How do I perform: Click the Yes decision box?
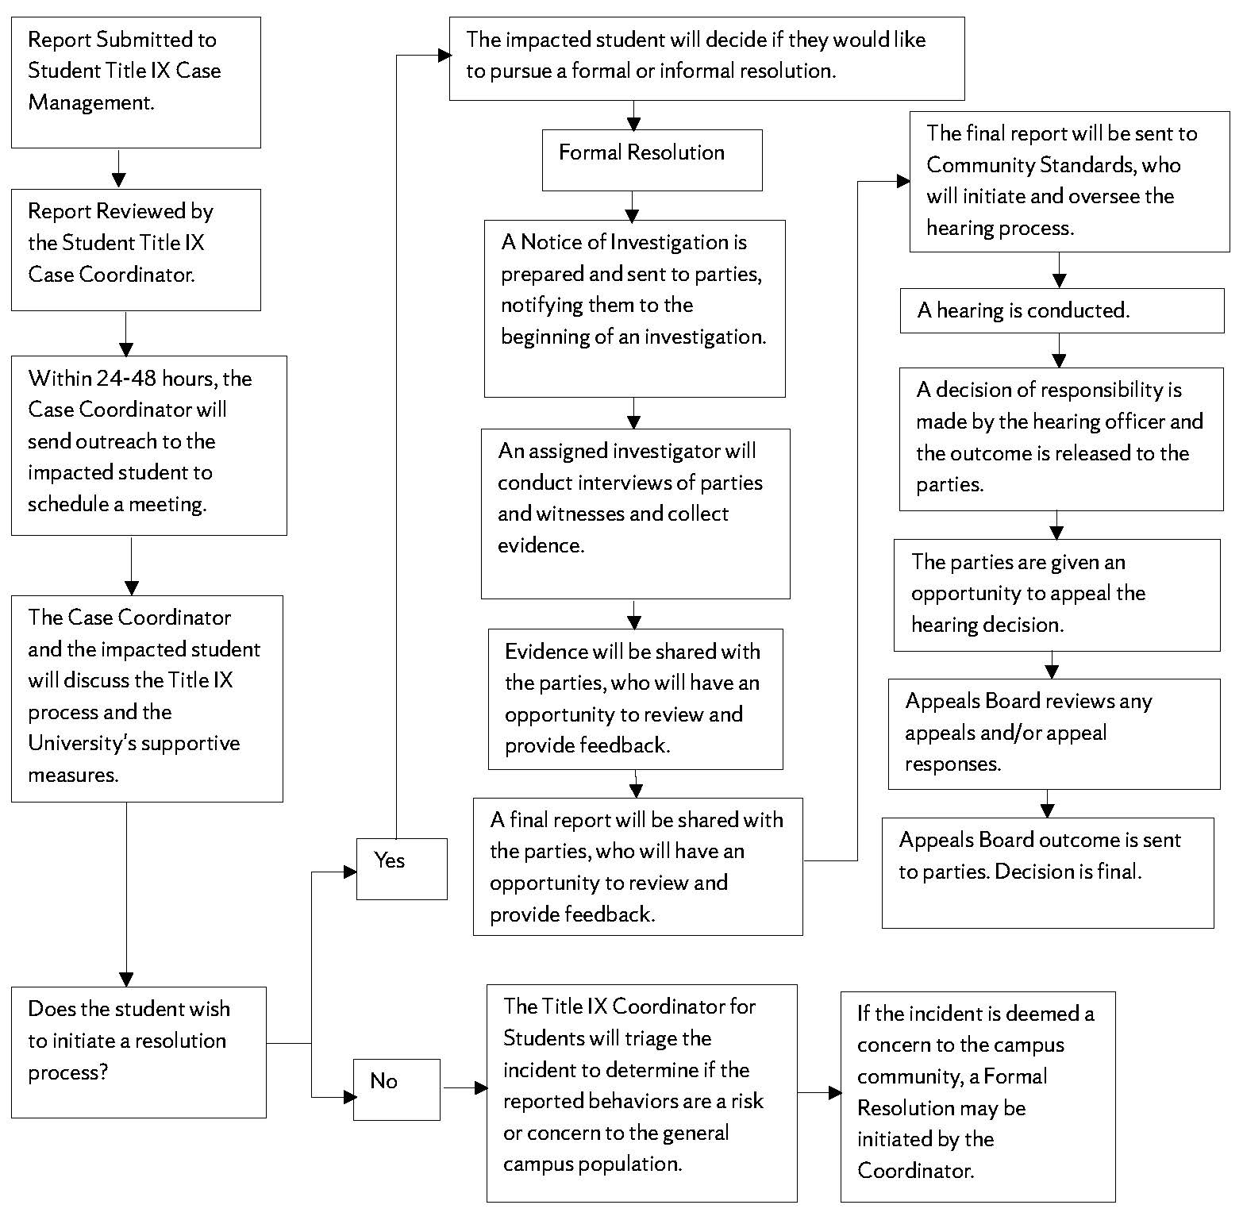pos(402,868)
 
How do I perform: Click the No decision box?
pos(396,1089)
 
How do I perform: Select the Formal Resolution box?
pos(652,160)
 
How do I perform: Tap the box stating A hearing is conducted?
pos(1061,310)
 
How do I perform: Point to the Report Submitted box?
pos(136,83)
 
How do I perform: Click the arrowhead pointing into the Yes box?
pos(349,872)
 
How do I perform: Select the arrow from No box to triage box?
pos(465,1087)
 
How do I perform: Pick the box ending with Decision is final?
pos(1047,872)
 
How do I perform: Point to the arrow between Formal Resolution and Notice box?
pos(632,206)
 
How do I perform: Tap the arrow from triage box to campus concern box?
pos(819,1093)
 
